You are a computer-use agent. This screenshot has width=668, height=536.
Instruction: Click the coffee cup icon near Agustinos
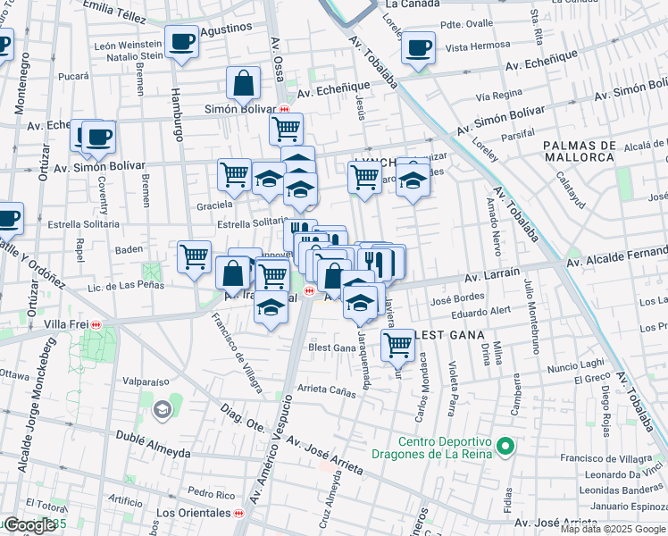181,42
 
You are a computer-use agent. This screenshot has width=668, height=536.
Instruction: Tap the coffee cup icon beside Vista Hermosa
417,47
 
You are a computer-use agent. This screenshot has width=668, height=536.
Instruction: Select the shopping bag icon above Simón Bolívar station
243,85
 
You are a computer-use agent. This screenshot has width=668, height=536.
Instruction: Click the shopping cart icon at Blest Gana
397,345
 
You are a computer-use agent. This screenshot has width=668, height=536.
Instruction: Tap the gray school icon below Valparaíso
163,410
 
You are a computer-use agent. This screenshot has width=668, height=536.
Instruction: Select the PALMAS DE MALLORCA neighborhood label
580,151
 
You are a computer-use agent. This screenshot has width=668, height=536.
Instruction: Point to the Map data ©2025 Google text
613,529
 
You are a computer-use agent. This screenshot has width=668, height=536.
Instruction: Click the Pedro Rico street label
211,493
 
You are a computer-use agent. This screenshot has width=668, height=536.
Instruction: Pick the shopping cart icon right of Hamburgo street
194,257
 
